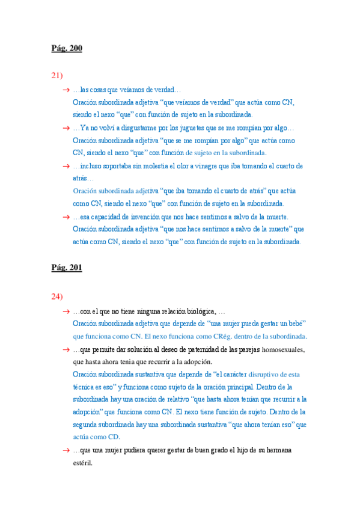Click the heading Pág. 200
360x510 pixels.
(67, 49)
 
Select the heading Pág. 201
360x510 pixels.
(67, 268)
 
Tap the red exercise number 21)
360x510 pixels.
(58, 75)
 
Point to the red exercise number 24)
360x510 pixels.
(58, 296)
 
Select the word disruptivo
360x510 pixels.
(267, 375)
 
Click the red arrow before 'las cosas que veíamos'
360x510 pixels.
(66, 90)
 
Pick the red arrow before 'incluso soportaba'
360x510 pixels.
(66, 166)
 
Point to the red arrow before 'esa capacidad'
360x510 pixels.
(66, 217)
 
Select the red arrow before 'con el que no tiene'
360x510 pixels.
(66, 312)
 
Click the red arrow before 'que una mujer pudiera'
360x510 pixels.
(66, 450)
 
